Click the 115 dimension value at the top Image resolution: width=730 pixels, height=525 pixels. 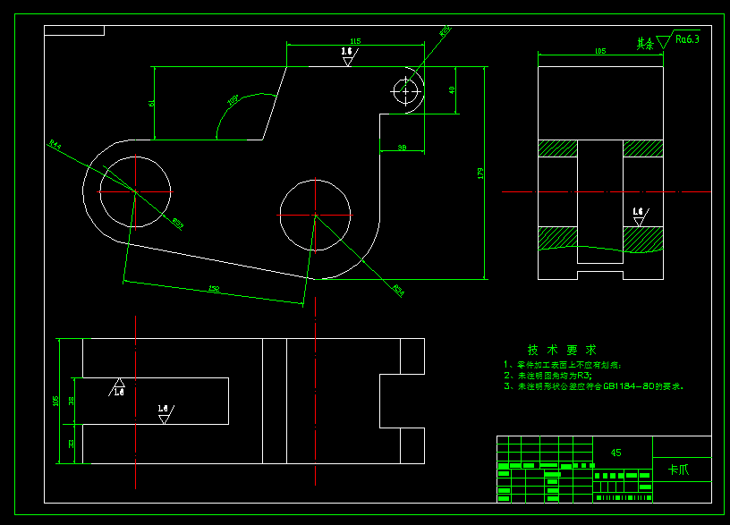point(355,41)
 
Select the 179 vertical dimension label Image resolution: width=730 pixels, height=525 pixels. point(480,173)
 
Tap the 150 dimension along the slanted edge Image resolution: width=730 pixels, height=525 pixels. point(214,288)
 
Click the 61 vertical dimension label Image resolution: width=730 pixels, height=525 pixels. point(152,103)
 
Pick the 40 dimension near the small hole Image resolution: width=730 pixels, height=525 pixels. point(452,89)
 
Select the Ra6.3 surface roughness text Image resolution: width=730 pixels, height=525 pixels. point(687,39)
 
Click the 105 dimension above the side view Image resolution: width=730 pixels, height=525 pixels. point(599,52)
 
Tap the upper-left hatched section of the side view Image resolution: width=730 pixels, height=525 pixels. point(557,148)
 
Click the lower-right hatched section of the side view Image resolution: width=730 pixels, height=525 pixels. point(643,239)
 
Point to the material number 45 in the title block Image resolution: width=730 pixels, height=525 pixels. point(615,453)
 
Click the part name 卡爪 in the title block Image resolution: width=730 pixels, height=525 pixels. point(679,470)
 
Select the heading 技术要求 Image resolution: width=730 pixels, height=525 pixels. point(561,350)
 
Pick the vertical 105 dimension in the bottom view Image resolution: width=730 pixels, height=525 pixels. point(56,401)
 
